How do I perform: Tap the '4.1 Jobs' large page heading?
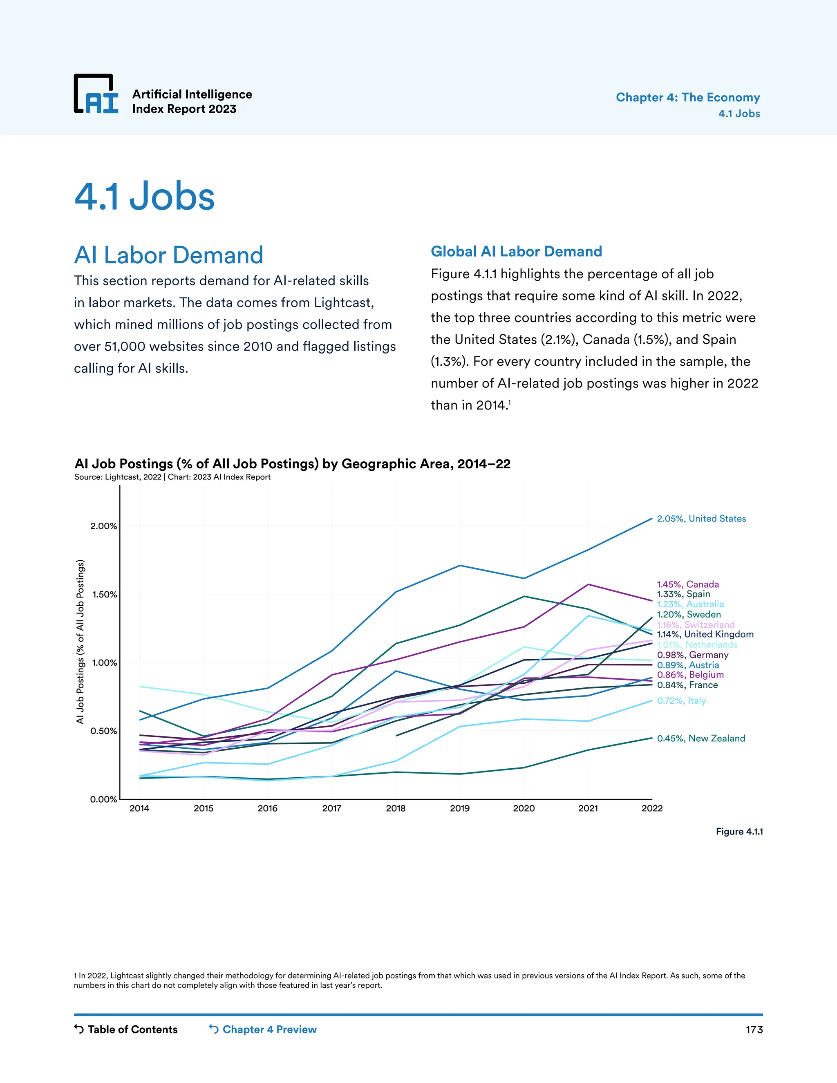(x=144, y=196)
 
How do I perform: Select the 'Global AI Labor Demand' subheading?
(x=516, y=251)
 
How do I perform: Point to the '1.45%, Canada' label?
(x=687, y=584)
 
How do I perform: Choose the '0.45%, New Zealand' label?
(x=700, y=738)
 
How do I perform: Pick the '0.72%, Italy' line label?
(x=681, y=700)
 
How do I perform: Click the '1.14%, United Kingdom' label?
(x=705, y=634)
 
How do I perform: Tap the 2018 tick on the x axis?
(x=396, y=808)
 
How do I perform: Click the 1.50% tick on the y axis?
(x=104, y=594)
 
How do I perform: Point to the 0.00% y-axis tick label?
(x=104, y=799)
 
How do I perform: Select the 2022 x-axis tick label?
(x=651, y=808)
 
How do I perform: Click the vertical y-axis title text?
(x=81, y=642)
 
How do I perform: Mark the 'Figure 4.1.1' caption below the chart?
(x=739, y=832)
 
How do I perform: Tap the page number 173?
(x=754, y=1030)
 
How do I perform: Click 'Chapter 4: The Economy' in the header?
(x=687, y=97)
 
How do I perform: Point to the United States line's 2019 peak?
(x=460, y=565)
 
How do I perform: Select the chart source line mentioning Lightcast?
(x=172, y=477)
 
